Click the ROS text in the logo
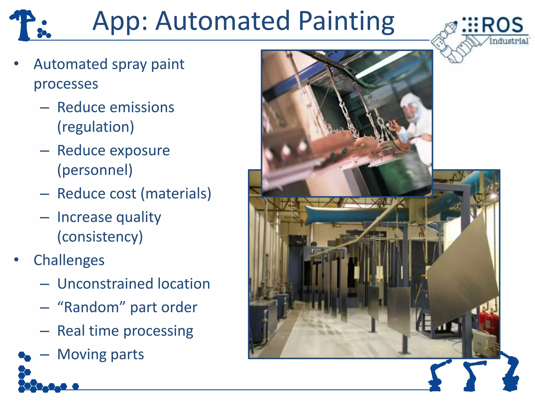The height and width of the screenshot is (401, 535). click(502, 25)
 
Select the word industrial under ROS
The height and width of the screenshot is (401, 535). click(508, 41)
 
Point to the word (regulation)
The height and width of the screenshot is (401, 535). click(96, 127)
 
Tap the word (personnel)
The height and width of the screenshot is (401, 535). click(95, 170)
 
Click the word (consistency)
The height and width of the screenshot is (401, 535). click(100, 237)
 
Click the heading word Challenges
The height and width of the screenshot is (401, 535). click(69, 260)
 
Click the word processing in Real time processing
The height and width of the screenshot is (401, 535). click(158, 331)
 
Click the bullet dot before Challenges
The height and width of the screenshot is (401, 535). click(16, 260)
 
